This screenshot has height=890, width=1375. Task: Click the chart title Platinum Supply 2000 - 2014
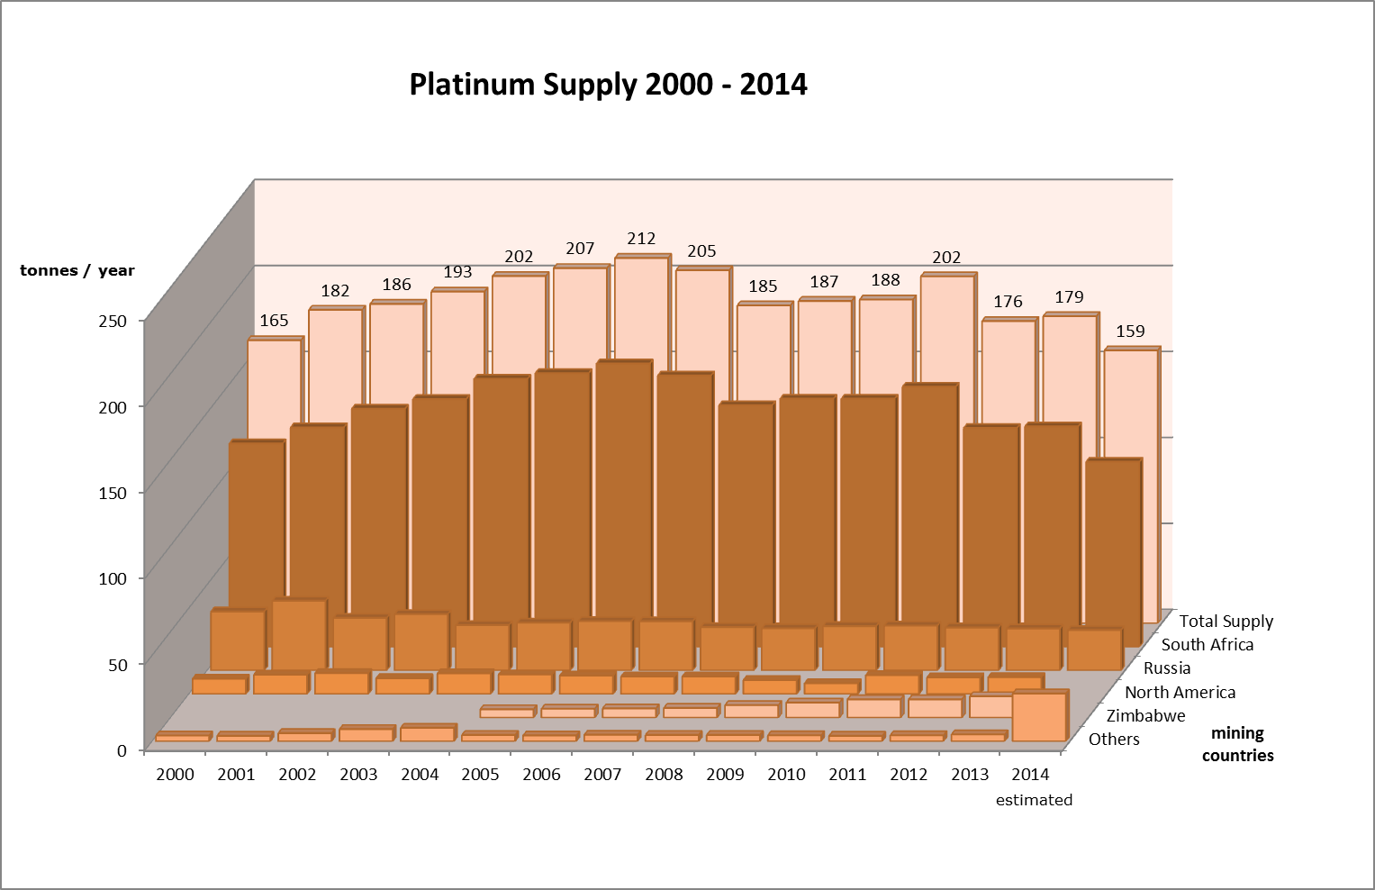coord(608,85)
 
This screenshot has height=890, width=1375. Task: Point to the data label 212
coord(641,239)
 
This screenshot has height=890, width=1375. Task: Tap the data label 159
coord(1130,331)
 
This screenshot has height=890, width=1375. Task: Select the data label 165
coord(274,321)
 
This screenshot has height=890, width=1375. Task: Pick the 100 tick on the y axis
coord(113,578)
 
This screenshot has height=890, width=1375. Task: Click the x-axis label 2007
coord(602,775)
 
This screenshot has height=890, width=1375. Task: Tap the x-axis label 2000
coord(175,775)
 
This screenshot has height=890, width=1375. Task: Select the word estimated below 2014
coord(1034,800)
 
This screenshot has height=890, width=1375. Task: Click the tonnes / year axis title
coord(77,270)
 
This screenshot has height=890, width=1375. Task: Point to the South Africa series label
coord(1207,645)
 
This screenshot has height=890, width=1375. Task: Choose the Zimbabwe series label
coord(1145,716)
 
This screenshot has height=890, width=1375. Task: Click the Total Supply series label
coord(1226,622)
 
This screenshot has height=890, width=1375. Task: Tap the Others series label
coord(1114,740)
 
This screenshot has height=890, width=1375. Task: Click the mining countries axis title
coord(1237,744)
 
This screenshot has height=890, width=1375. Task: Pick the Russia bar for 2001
coord(297,635)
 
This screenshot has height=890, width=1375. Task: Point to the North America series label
coord(1180,693)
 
